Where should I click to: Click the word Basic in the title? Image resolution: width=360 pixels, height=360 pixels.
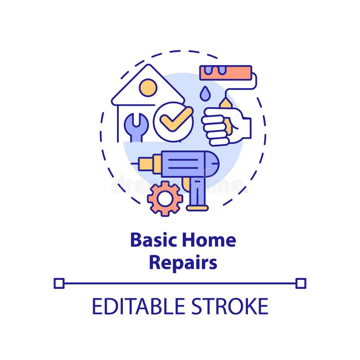pos(153,240)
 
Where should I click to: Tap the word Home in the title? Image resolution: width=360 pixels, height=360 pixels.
pos(209,240)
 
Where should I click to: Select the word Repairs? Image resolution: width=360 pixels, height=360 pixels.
pos(183,263)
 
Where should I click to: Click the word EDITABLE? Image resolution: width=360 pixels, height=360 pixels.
pos(139,306)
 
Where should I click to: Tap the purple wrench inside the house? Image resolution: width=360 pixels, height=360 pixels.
pos(136,126)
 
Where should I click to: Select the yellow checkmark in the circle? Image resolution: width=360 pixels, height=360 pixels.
pos(175,119)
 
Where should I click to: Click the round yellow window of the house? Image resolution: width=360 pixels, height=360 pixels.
pos(148,87)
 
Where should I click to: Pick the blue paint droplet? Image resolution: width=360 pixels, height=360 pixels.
pos(205,94)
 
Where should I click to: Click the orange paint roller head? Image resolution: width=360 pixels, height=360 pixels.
pos(225,72)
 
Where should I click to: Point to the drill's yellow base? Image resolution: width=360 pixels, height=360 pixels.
pos(197,208)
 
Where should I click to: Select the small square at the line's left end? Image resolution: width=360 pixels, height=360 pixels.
pos(59,283)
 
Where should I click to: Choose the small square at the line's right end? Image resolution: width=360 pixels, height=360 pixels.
pos(301,283)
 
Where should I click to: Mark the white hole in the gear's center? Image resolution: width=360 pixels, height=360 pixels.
pos(165,198)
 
